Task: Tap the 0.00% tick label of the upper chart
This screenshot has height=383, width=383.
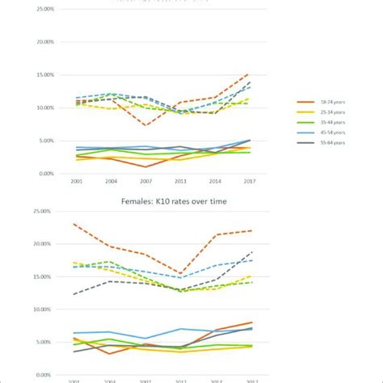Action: coord(46,174)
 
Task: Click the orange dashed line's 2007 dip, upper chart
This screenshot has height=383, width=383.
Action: coord(145,125)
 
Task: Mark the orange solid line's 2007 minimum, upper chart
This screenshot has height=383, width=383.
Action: coord(145,166)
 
